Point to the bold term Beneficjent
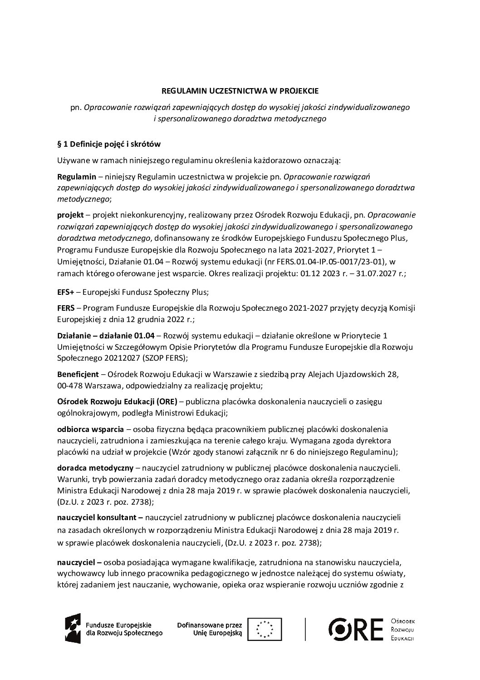[78, 374]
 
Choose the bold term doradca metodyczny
[95, 467]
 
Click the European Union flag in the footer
[266, 629]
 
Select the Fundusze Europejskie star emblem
[73, 629]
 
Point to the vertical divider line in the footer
[305, 629]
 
